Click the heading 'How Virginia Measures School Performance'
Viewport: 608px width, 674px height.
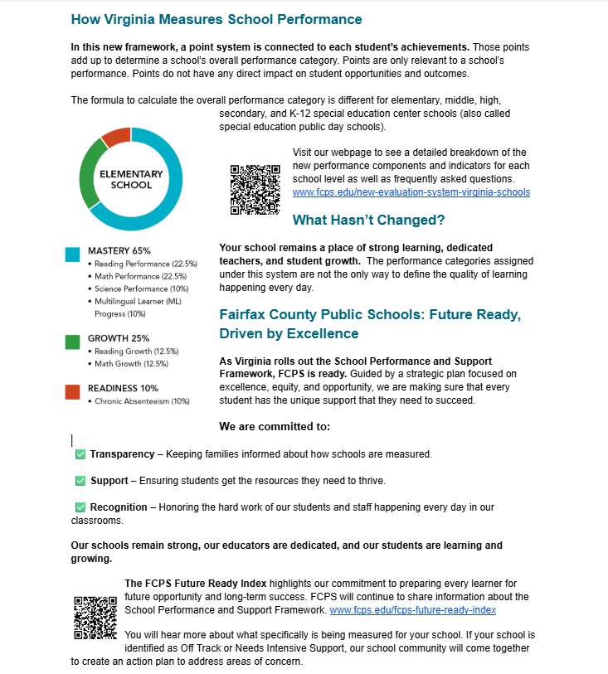coord(216,19)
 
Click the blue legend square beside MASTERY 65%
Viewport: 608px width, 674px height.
coord(73,255)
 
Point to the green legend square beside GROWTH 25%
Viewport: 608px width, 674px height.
coord(73,342)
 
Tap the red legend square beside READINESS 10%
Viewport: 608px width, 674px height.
coord(73,391)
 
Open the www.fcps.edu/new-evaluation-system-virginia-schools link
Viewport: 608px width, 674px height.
coord(411,192)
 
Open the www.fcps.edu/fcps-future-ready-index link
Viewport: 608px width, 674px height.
coord(412,610)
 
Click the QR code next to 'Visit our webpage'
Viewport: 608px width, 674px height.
coord(255,190)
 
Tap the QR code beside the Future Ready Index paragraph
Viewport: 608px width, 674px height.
coord(95,618)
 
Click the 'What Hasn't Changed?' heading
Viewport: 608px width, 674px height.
coord(368,221)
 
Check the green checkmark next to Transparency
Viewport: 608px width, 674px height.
coord(80,454)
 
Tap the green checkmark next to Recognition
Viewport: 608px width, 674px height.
coord(80,507)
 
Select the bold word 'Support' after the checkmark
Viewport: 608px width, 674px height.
coord(109,481)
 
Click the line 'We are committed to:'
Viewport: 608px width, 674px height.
coord(275,427)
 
